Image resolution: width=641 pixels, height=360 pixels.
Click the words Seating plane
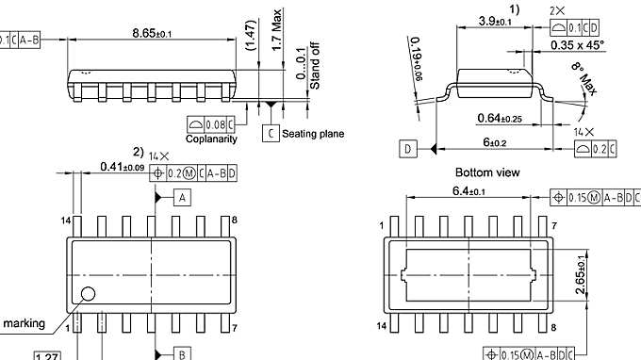pyautogui.click(x=313, y=134)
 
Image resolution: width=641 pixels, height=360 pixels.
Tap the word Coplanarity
pyautogui.click(x=211, y=139)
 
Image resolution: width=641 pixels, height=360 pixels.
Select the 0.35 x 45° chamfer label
pyautogui.click(x=582, y=43)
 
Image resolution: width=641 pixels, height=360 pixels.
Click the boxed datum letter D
pyautogui.click(x=407, y=149)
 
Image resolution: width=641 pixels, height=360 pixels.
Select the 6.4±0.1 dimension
pyautogui.click(x=469, y=191)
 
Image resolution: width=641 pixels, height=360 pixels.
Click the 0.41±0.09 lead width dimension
pyautogui.click(x=122, y=167)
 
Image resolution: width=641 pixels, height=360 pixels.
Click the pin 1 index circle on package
pyautogui.click(x=89, y=293)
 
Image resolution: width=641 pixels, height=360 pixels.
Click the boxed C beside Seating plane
pyautogui.click(x=271, y=134)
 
